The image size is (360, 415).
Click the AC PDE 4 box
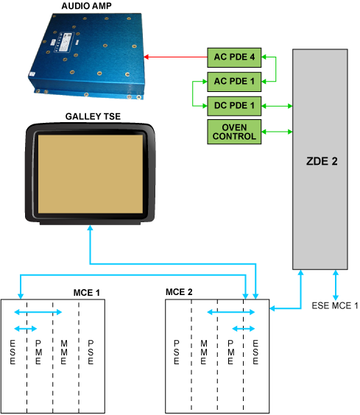[x=234, y=57]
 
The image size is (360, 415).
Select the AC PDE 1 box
[x=234, y=82]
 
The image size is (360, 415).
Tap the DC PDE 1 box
[x=234, y=106]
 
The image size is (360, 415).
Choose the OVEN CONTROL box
[x=234, y=132]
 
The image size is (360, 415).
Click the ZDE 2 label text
[x=322, y=161]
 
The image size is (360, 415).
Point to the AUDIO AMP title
[x=87, y=6]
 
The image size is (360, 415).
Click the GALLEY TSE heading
[x=93, y=116]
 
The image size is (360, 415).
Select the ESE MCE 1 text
[x=335, y=305]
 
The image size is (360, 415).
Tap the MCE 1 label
[x=87, y=293]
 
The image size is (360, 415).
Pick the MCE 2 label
[x=179, y=292]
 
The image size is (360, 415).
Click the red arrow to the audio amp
[x=175, y=57]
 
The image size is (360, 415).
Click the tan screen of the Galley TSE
[x=91, y=174]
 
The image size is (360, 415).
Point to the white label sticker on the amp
[x=63, y=43]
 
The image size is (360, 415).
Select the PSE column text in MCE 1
[x=91, y=352]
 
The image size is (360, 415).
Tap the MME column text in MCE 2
[x=204, y=352]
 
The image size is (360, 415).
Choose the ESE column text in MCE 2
[x=255, y=352]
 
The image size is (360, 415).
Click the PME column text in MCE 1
[x=38, y=352]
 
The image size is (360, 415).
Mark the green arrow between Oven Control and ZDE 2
[x=277, y=132]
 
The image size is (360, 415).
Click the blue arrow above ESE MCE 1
[x=336, y=285]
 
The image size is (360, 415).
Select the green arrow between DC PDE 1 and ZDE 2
[x=277, y=106]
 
